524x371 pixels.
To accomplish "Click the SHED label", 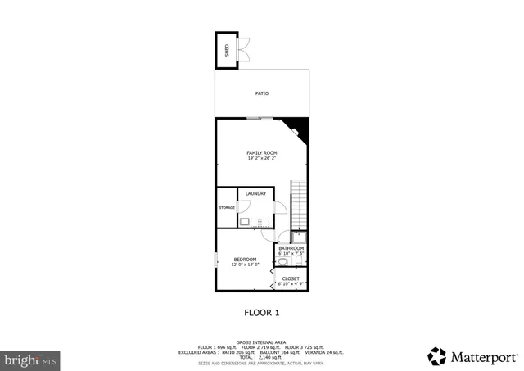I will [x=226, y=51].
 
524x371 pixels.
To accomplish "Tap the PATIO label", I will [x=262, y=93].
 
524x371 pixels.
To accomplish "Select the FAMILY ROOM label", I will [x=262, y=153].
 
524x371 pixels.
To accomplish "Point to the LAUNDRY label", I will [x=255, y=193].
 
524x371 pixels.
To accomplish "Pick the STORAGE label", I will [x=227, y=208].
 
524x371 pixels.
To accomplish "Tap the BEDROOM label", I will [x=246, y=259].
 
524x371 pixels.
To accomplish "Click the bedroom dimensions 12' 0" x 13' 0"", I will [x=246, y=265].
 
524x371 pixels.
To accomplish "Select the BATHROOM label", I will [x=291, y=248].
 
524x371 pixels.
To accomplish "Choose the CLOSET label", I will [x=291, y=278].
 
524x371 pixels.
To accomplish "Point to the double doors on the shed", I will [x=244, y=50].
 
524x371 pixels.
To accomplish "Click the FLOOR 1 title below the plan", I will [x=262, y=312].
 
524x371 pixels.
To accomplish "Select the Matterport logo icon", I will [x=437, y=356].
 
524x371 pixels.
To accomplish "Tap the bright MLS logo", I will [x=31, y=359].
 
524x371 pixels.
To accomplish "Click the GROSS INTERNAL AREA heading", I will [x=261, y=342].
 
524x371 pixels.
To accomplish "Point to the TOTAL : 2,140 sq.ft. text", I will [x=262, y=356].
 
